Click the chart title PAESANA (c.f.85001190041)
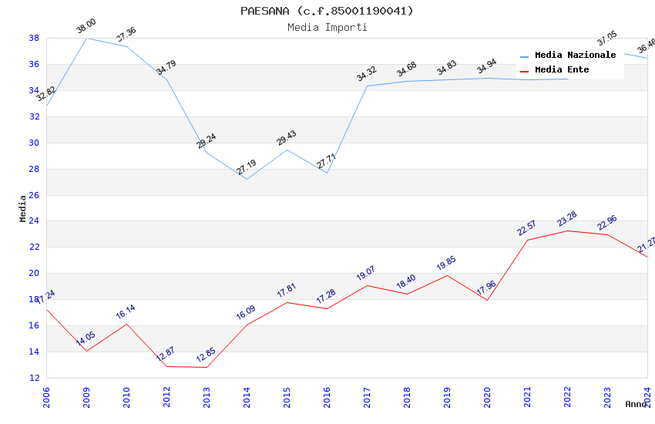(x=327, y=11)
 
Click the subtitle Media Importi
(x=327, y=27)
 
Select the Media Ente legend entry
(x=562, y=70)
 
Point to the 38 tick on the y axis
(x=34, y=38)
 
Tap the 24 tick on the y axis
(x=34, y=221)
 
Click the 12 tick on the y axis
(x=34, y=378)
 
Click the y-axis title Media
(x=23, y=208)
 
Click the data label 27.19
(x=246, y=168)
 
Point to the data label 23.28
(x=566, y=220)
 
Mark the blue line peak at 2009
(x=86, y=38)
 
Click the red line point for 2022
(x=567, y=231)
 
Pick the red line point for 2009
(x=86, y=352)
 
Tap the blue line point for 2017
(x=367, y=86)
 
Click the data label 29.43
(x=286, y=139)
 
